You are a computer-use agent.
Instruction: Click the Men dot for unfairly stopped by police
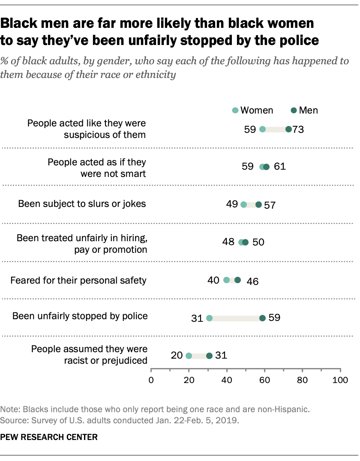point(263,318)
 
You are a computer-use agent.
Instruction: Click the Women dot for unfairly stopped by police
point(209,318)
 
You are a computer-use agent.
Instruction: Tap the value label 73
point(298,129)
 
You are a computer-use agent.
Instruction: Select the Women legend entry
point(252,110)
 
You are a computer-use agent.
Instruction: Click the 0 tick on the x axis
point(151,380)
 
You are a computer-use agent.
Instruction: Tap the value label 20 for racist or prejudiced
point(177,355)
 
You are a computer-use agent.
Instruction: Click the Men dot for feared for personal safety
point(238,280)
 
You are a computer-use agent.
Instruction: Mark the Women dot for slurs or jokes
point(243,205)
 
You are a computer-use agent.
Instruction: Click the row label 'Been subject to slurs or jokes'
point(82,204)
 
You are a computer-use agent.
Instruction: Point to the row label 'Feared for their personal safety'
point(78,281)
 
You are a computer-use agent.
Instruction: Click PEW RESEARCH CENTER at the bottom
point(49,437)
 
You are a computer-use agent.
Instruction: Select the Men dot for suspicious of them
point(288,129)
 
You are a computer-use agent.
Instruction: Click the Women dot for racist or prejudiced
point(189,356)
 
